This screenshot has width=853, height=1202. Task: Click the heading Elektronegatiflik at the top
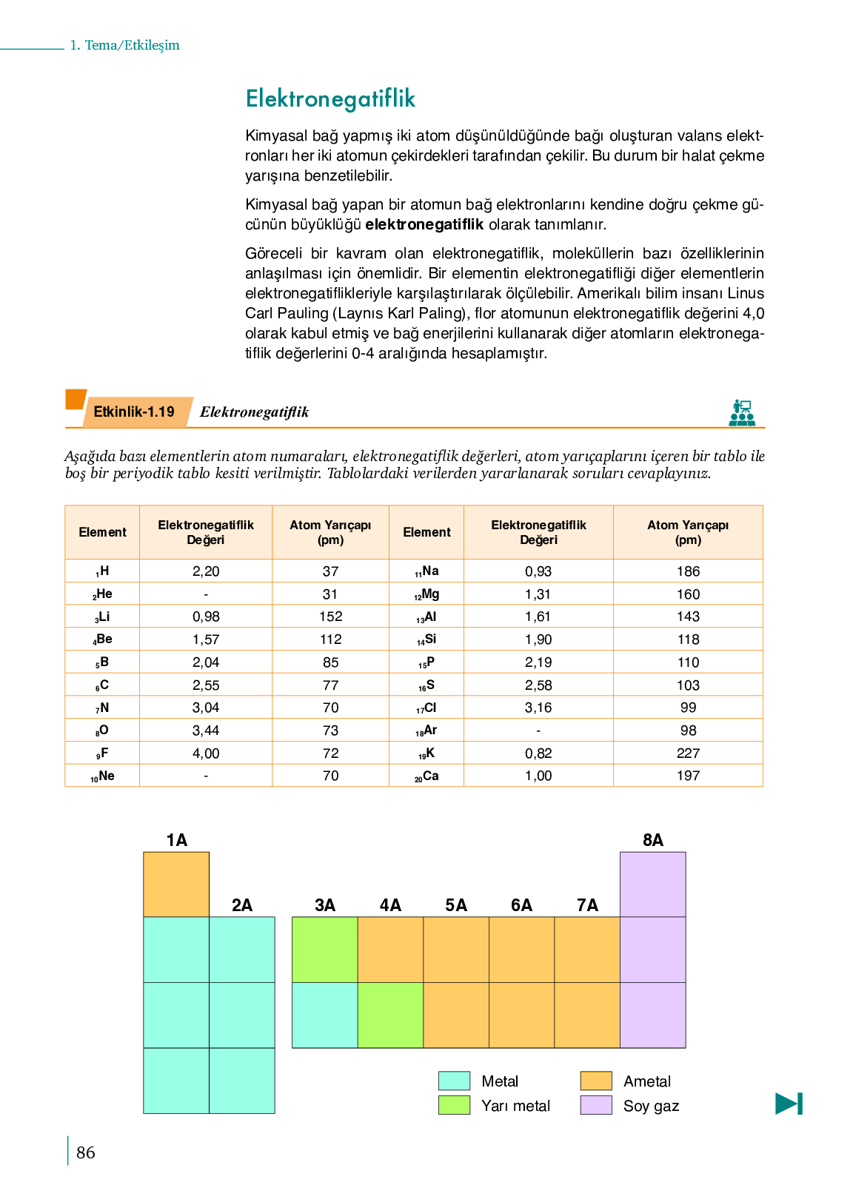tap(330, 98)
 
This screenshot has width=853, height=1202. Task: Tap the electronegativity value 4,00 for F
tap(206, 753)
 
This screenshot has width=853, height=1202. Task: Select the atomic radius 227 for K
tap(688, 753)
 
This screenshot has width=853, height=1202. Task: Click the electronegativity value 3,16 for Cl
tap(538, 708)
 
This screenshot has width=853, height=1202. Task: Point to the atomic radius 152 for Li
tap(330, 617)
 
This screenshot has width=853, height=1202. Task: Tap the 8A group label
tap(652, 840)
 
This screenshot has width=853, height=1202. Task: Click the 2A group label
tap(242, 905)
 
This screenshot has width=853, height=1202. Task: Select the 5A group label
tap(456, 905)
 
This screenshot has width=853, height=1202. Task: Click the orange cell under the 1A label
tap(176, 884)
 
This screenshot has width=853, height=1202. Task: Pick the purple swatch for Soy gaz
tap(596, 1105)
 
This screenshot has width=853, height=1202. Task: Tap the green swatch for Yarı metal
tap(454, 1105)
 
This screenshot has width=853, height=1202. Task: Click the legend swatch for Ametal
tap(596, 1081)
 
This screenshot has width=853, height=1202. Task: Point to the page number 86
tap(86, 1152)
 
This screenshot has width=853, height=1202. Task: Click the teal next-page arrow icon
tap(789, 1104)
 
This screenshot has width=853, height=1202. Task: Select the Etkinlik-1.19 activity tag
tap(135, 412)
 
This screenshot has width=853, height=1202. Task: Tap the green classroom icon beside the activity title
tap(741, 413)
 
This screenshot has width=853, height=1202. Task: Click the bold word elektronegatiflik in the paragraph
tap(424, 224)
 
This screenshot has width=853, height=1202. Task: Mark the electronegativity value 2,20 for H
tap(206, 571)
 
